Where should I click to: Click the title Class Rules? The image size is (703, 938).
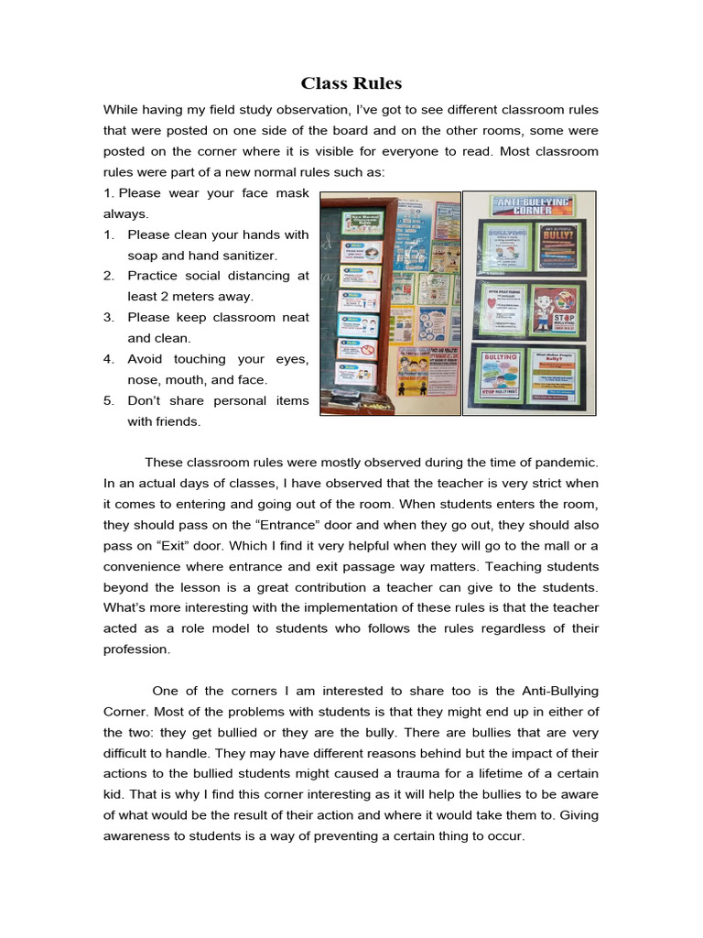351,83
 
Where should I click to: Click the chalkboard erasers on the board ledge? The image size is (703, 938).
357,400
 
